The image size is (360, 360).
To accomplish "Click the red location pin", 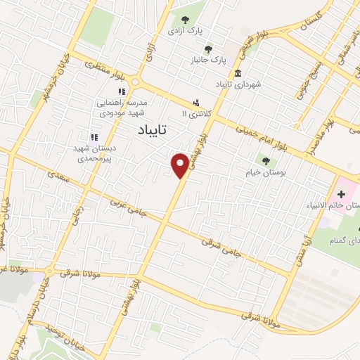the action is pyautogui.click(x=180, y=165).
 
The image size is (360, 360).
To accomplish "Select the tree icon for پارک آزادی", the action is pyautogui.click(x=185, y=20).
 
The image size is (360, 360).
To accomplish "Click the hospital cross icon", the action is pyautogui.click(x=341, y=193).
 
